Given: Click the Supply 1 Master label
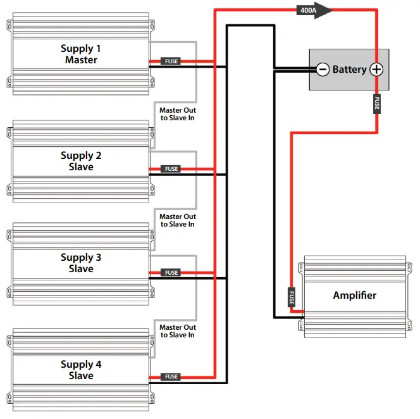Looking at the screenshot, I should coord(81,54).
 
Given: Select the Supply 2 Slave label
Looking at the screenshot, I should coord(81,161).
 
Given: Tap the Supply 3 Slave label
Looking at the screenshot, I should coord(81,263).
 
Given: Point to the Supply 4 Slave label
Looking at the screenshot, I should coord(81,370).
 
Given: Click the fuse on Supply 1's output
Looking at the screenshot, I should coord(171,61).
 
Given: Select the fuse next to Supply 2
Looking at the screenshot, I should coord(171,169).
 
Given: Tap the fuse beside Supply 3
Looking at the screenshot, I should coord(171,273).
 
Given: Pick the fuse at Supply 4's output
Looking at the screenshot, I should coord(171,377).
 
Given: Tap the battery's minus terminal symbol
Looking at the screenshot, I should coord(323,70).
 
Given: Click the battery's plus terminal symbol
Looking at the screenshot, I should coord(376,70).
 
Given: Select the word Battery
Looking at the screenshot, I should coord(349,70).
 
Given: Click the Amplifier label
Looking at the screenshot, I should coord(354,296).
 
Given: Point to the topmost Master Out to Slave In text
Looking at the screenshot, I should coord(177,114).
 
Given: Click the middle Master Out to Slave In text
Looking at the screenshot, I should coord(177,220).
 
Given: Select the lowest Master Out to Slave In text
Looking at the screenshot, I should coord(177,331).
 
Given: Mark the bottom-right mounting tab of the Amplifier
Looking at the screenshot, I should coord(407,325).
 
